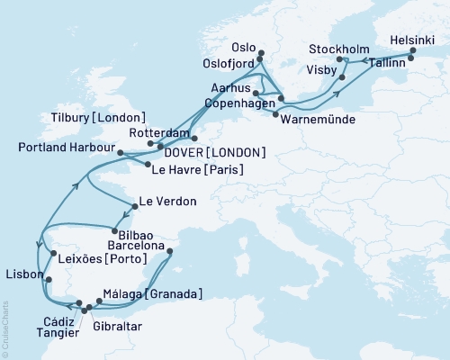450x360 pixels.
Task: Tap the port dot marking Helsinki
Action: point(413,51)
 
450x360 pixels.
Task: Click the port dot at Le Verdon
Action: point(133,206)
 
